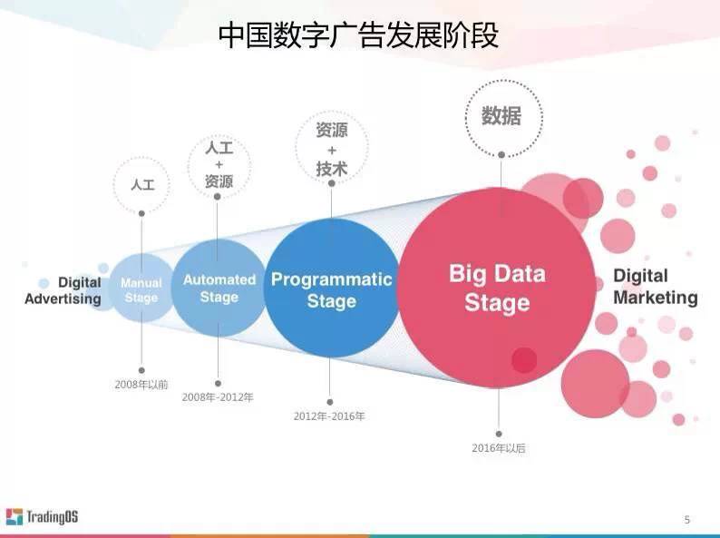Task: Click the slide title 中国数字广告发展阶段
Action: (358, 34)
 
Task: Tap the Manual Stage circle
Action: (141, 289)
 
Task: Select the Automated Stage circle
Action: (219, 289)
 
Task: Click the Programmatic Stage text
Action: (332, 290)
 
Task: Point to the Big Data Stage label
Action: (497, 288)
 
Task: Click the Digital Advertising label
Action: (63, 290)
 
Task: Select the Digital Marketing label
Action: (656, 287)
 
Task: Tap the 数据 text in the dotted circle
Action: (501, 116)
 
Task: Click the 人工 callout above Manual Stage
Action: (142, 185)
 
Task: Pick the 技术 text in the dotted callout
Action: (332, 169)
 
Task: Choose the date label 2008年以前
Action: (141, 385)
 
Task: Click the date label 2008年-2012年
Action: (218, 397)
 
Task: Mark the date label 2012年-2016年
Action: (329, 416)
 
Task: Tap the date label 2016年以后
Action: (499, 448)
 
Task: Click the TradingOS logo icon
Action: (15, 516)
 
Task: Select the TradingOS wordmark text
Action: (52, 516)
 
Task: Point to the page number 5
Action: (687, 520)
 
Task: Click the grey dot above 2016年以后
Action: (499, 434)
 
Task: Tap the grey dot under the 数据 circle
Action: (501, 155)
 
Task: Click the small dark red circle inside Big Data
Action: (524, 360)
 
